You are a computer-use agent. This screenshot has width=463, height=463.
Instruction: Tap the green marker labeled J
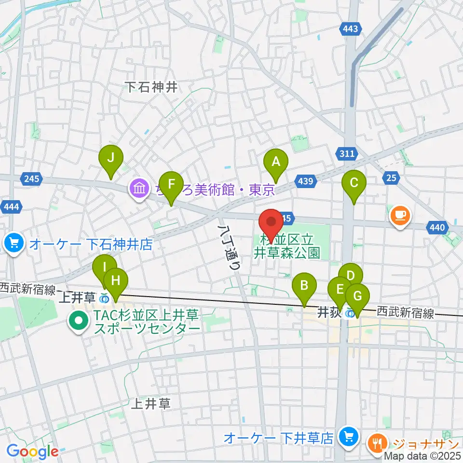click(111, 159)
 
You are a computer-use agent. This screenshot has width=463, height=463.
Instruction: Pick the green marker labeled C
click(354, 184)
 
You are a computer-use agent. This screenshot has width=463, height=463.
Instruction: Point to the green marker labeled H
click(115, 281)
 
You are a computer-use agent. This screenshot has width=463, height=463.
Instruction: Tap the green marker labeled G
click(357, 296)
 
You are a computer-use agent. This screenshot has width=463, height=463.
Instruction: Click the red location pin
click(271, 222)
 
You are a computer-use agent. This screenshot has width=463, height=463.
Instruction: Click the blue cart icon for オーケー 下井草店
click(347, 437)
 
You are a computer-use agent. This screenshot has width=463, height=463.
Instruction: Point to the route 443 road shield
click(351, 29)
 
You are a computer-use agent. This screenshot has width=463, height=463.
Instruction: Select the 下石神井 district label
click(152, 87)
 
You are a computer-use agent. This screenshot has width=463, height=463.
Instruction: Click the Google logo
click(32, 451)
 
